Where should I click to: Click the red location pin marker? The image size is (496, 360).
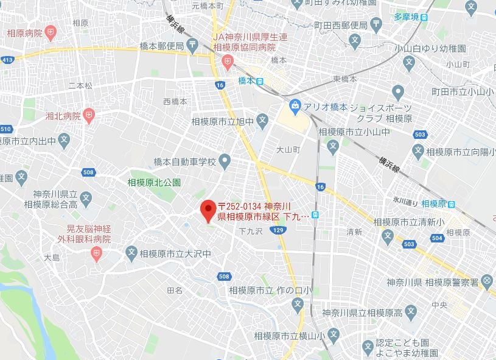pyautogui.click(x=208, y=210)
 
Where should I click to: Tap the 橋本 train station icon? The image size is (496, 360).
pyautogui.click(x=260, y=81)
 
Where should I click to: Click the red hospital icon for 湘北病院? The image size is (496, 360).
pyautogui.click(x=89, y=114)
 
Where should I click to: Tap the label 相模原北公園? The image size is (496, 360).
pyautogui.click(x=154, y=182)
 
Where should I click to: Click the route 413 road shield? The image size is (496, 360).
pyautogui.click(x=7, y=60)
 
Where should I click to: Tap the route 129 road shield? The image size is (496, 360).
pyautogui.click(x=278, y=230)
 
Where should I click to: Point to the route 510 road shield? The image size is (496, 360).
pyautogui.click(x=6, y=129)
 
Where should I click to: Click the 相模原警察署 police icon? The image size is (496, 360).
pyautogui.click(x=487, y=281)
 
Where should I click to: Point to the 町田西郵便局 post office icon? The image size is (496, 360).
pyautogui.click(x=377, y=26)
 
